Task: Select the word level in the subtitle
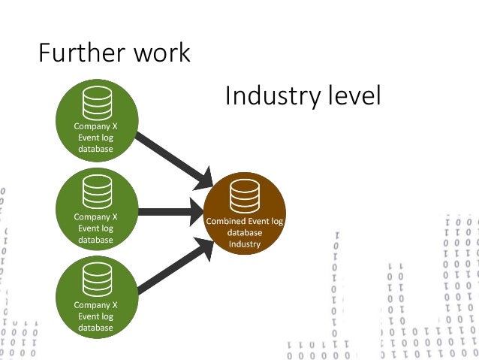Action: click(x=354, y=96)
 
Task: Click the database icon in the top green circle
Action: click(x=98, y=104)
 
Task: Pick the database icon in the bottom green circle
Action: click(x=97, y=281)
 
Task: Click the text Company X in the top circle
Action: click(x=95, y=127)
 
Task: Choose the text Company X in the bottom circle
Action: click(x=95, y=305)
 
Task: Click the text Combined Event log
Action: click(x=245, y=222)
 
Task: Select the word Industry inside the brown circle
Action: click(x=245, y=244)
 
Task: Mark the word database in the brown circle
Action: click(x=245, y=233)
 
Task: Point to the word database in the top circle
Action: click(x=95, y=150)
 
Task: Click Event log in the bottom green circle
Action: click(x=95, y=316)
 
